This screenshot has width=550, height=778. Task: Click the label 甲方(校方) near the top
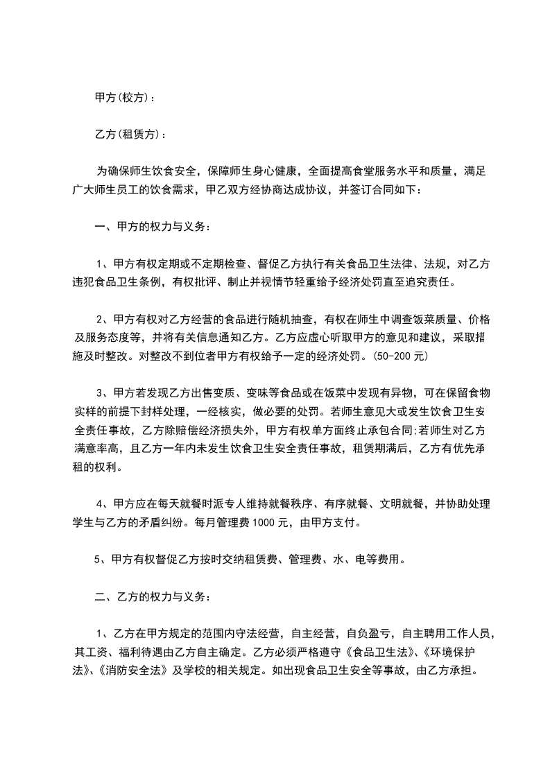[x=124, y=98]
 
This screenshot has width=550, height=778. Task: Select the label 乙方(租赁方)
[x=130, y=133]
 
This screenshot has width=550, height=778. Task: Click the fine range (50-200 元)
[x=400, y=357]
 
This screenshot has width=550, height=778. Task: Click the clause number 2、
[x=103, y=320]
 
